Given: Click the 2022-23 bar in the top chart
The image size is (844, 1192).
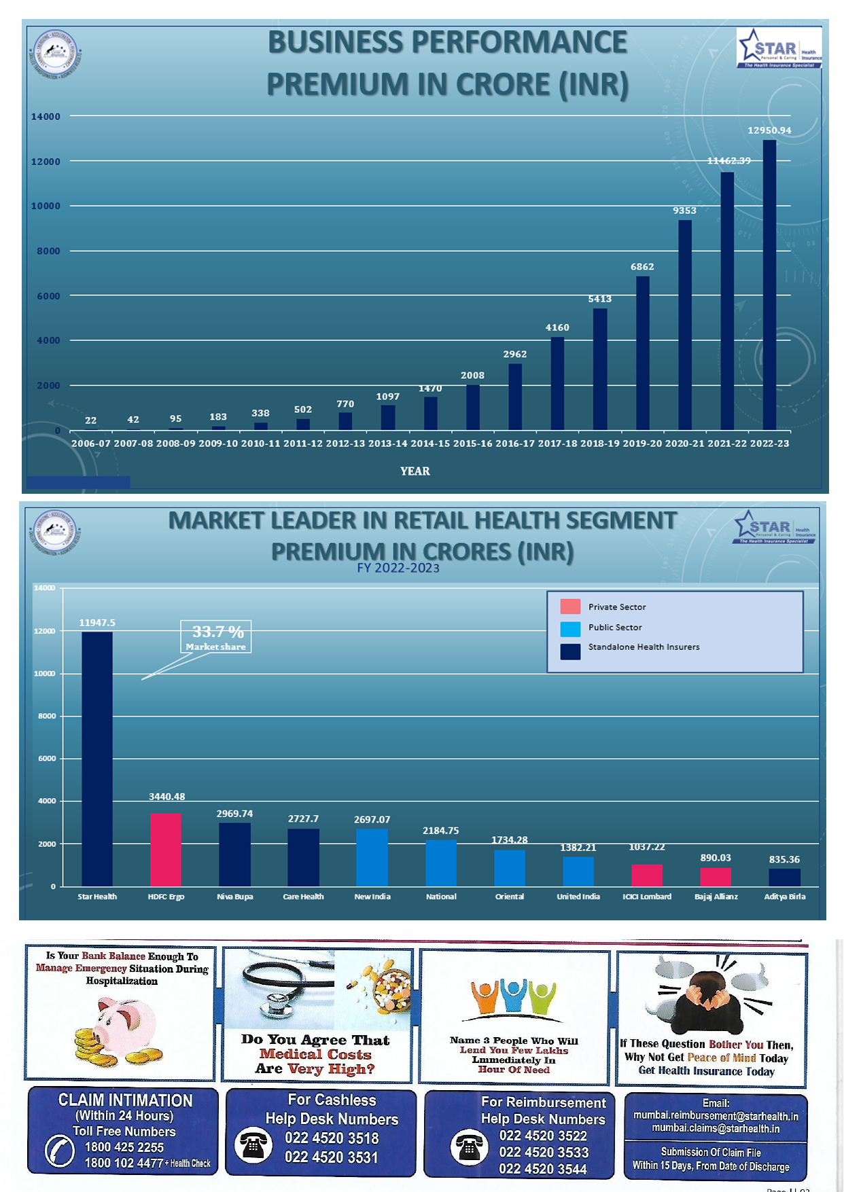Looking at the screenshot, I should point(769,285).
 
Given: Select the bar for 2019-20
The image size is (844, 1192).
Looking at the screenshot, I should point(643,353).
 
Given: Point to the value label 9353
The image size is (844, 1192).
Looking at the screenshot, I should point(684,211).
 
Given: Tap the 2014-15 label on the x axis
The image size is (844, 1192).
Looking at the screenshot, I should point(430,444).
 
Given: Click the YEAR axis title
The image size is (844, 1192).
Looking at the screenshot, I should point(415,471).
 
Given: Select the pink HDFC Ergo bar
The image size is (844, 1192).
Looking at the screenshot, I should point(166,850).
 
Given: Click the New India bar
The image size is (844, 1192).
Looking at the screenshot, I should point(372,857).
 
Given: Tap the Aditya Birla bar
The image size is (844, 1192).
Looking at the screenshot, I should point(784,878).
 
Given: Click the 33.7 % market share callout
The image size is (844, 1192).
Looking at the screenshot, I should point(216,637).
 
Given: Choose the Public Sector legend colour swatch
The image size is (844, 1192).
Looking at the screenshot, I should point(570,628).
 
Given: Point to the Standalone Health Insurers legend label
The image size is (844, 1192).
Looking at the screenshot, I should point(644,647).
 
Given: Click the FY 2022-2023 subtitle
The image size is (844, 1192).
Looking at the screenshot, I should point(398,568).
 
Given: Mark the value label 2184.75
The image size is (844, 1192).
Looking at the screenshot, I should point(440,831).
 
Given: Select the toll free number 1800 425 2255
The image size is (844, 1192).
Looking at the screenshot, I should point(124,1147).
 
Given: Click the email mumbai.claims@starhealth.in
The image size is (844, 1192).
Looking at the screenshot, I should point(716,1128).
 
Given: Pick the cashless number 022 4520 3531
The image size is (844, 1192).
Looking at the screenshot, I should point(331,1157).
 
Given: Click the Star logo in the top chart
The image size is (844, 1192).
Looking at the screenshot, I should point(779,48).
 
